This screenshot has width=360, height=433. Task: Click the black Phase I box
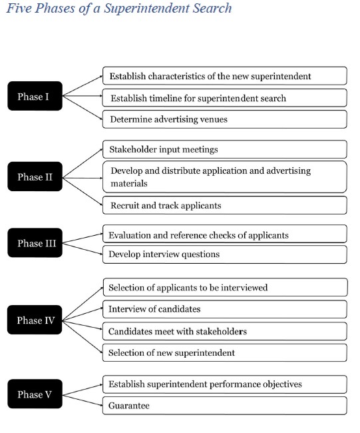coord(35,96)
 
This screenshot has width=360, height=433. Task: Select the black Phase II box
coord(35,177)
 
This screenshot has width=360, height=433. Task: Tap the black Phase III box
coord(35,242)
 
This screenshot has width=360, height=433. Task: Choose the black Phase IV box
coord(35,320)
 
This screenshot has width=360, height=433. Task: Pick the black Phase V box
coord(35,394)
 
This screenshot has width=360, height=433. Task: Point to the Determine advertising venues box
coord(225,119)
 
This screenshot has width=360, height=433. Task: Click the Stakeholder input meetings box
coord(225,149)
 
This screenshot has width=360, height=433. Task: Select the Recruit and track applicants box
coord(225,205)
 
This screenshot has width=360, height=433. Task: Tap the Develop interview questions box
coord(225,254)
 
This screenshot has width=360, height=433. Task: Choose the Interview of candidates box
coord(225,309)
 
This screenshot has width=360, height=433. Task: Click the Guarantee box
coord(225,406)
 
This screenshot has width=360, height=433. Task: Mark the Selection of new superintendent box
coord(225,352)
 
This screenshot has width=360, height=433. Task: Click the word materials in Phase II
coord(129,183)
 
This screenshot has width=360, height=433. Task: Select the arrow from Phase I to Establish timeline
coord(83,96)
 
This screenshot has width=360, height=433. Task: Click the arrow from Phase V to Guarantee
coord(83,400)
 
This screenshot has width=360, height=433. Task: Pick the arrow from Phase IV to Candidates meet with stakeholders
coord(83,325)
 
